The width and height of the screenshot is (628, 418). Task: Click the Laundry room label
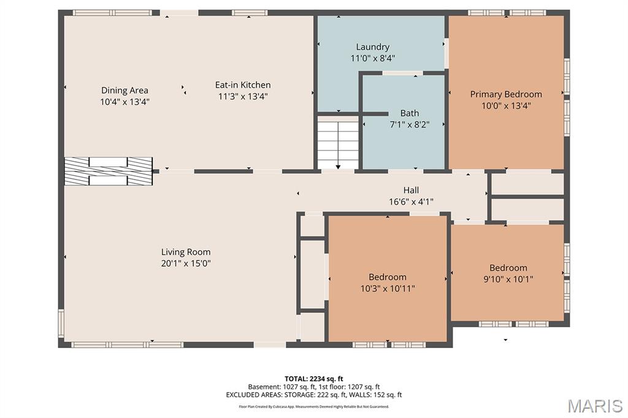pos(372,47)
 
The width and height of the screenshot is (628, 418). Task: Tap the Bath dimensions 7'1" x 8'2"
pos(409,125)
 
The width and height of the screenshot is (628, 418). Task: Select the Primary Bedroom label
pos(506,94)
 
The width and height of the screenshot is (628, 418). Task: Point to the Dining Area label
pos(124,91)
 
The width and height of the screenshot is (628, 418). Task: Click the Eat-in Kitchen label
pos(243,85)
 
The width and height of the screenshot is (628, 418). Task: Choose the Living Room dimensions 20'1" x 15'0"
pos(186,264)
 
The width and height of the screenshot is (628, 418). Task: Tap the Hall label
pos(411,190)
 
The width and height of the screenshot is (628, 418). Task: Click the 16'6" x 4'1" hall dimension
pos(411,202)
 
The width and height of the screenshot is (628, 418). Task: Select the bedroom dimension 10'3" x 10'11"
pos(388,288)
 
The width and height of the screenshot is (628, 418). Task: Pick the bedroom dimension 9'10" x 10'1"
pos(508,279)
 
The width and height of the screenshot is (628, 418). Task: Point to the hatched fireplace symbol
pos(109,171)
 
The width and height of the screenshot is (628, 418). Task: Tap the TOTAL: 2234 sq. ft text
pos(313,379)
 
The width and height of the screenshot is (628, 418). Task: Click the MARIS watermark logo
pos(595,406)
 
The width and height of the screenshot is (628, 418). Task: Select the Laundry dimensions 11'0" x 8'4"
pos(372,58)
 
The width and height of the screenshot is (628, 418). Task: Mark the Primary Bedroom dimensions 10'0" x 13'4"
pos(506,106)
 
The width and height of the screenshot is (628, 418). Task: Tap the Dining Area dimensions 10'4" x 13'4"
pos(124,102)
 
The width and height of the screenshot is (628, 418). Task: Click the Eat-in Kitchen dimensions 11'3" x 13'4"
pos(243,96)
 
